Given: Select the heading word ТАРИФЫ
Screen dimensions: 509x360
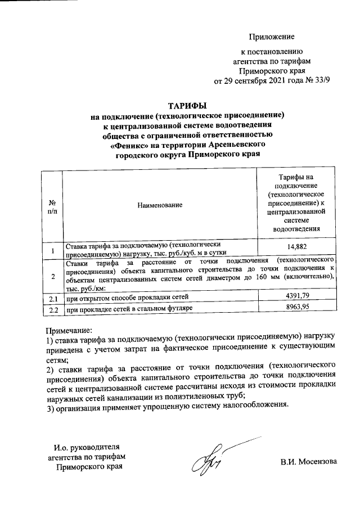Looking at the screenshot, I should pyautogui.click(x=188, y=105).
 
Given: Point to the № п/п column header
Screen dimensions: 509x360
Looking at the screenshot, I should pyautogui.click(x=53, y=206).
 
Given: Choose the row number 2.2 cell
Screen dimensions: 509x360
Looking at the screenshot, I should pyautogui.click(x=53, y=309).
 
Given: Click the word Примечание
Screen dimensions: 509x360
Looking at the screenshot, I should pyautogui.click(x=69, y=331).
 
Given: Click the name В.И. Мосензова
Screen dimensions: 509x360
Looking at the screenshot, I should pyautogui.click(x=309, y=462).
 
